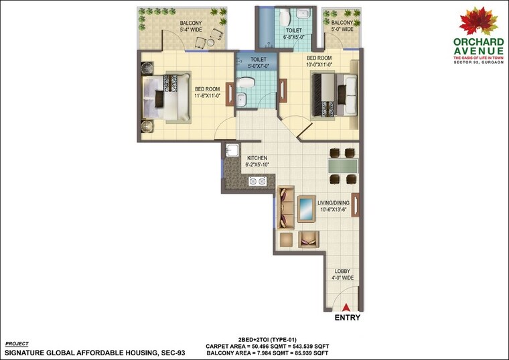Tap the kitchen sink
click(x=232, y=150)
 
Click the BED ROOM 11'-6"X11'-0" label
click(x=208, y=92)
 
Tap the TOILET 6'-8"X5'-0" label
click(x=294, y=33)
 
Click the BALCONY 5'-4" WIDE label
click(x=191, y=27)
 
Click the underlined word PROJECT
click(x=17, y=343)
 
